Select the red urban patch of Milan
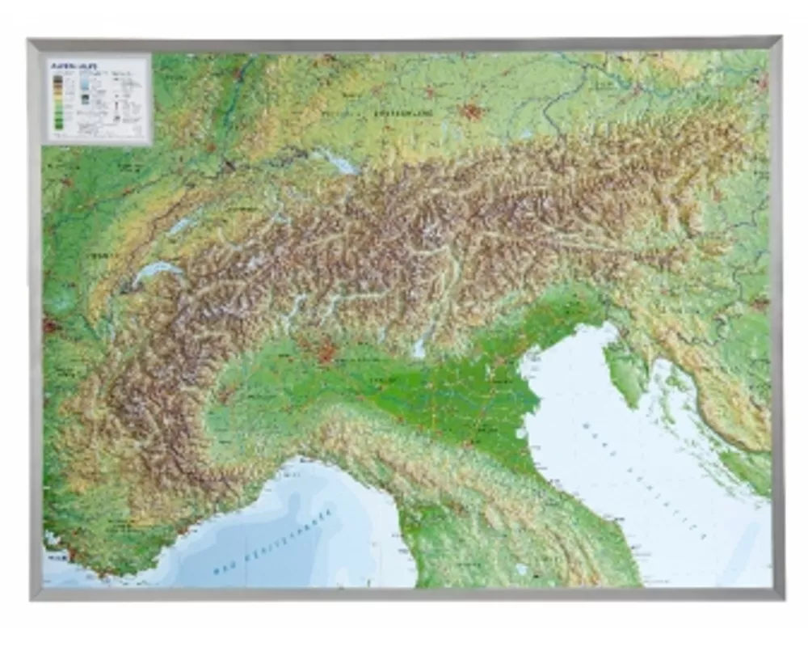pos(326,352)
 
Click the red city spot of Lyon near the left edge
pos(50,327)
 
